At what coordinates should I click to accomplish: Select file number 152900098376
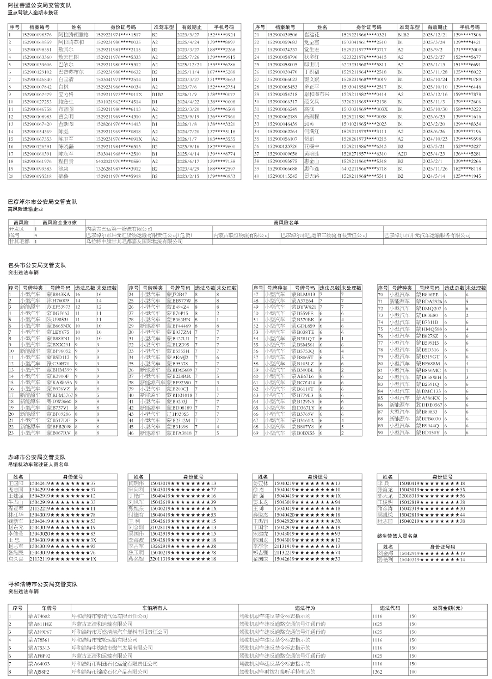(39, 34)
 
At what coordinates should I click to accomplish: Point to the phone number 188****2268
(221, 49)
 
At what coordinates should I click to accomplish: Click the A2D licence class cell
(404, 154)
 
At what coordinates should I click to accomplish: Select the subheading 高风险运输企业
(25, 209)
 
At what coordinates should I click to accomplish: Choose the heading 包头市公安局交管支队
(36, 265)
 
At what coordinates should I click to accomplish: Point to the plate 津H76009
(57, 300)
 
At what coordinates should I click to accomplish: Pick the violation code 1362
(377, 672)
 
